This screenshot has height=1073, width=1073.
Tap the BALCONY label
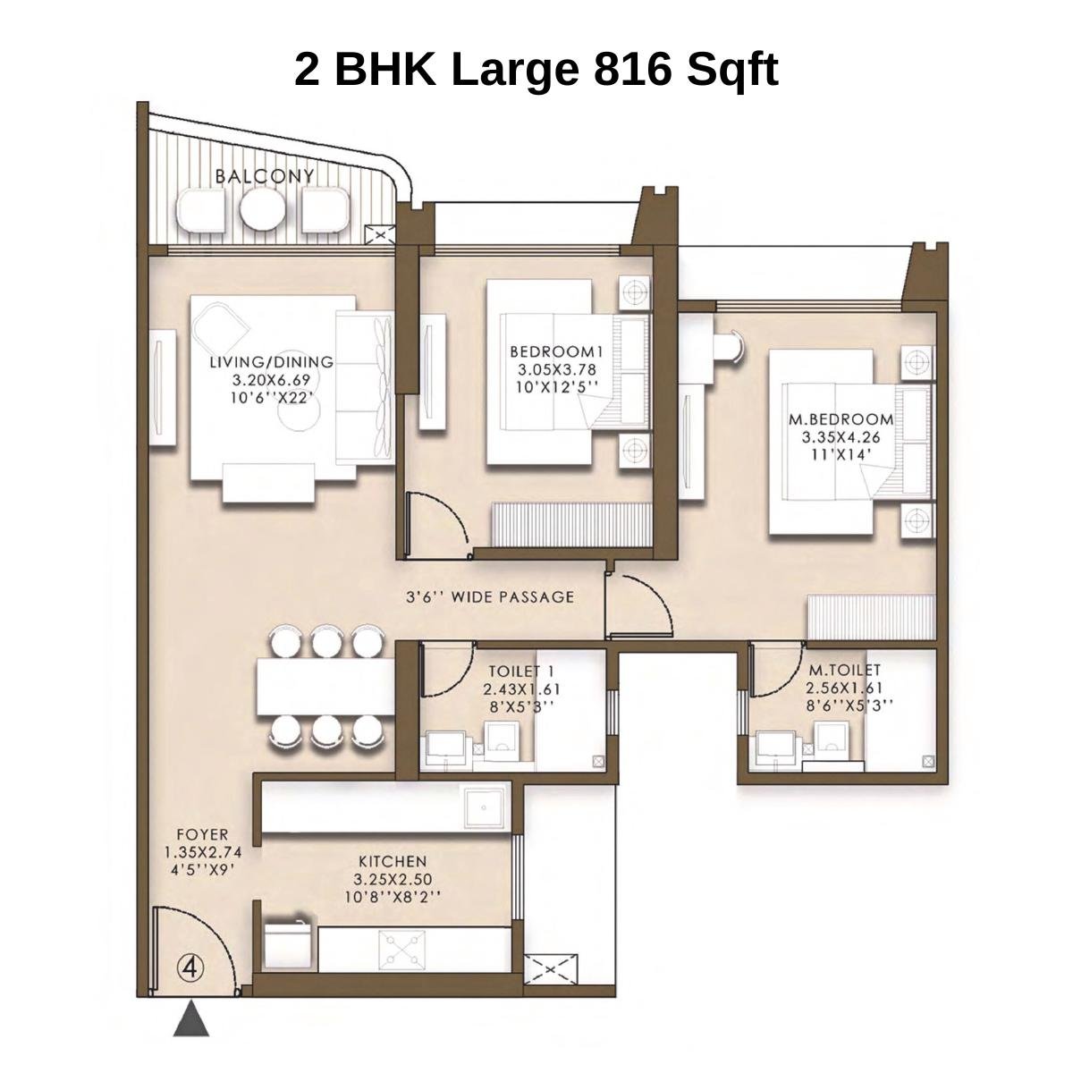pyautogui.click(x=265, y=176)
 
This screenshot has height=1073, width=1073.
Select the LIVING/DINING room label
pyautogui.click(x=271, y=362)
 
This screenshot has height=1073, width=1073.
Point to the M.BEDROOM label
pyautogui.click(x=841, y=418)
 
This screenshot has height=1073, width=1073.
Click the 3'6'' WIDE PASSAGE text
pyautogui.click(x=489, y=596)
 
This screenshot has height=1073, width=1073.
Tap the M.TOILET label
pyautogui.click(x=844, y=669)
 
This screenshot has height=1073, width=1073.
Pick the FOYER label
pyautogui.click(x=202, y=834)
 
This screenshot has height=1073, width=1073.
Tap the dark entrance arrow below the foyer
pyautogui.click(x=190, y=1019)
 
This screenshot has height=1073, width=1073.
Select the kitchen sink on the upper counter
pyautogui.click(x=485, y=806)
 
